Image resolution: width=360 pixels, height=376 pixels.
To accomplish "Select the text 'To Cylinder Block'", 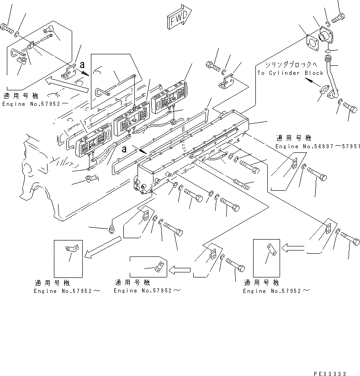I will [x=290, y=73].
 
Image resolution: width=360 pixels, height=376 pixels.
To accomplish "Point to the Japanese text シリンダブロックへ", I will [x=292, y=65].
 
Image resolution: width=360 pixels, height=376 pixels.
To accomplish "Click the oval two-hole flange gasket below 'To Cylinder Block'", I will [x=325, y=92].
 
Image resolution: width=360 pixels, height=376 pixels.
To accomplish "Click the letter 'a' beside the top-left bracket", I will [x=82, y=65].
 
